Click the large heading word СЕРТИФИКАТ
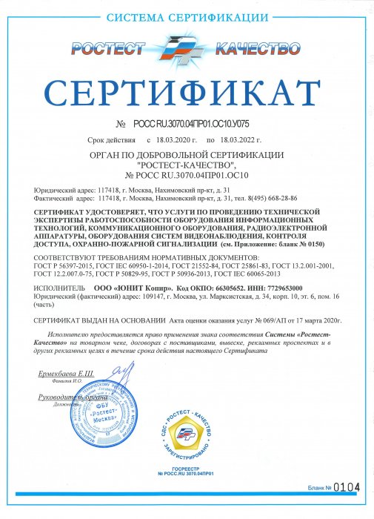pyautogui.click(x=187, y=91)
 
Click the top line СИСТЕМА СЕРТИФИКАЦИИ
pyautogui.click(x=187, y=16)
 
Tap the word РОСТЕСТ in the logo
pyautogui.click(x=108, y=49)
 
